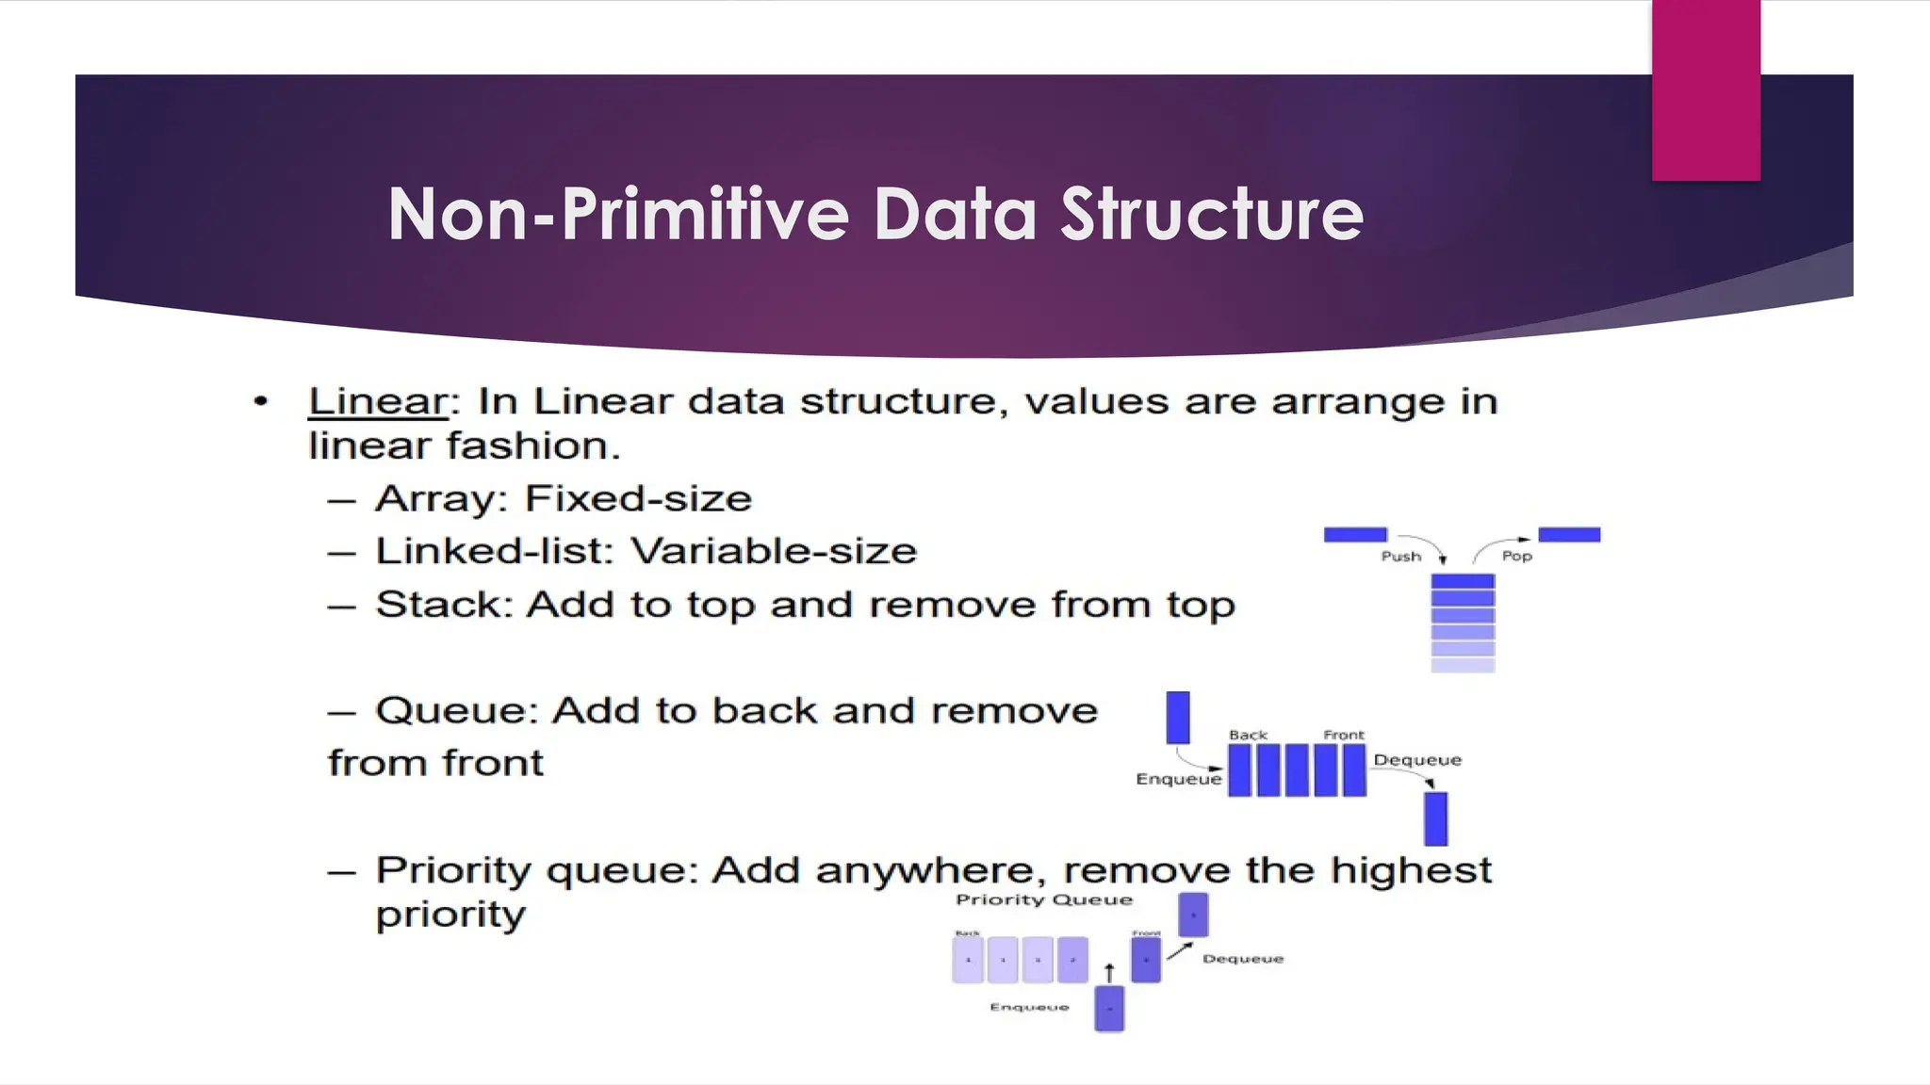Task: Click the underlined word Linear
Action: [377, 402]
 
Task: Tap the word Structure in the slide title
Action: [1212, 215]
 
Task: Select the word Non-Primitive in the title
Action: [618, 215]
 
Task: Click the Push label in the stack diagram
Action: [1400, 557]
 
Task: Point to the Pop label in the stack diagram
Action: [1516, 557]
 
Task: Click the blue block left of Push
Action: [1355, 535]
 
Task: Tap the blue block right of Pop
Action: [1569, 535]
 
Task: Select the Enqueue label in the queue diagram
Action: [1178, 779]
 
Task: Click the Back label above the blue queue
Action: [1248, 735]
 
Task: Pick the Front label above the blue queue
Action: [1343, 735]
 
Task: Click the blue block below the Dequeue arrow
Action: [1435, 818]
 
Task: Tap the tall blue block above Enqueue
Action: [1178, 718]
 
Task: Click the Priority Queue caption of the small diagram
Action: [1044, 899]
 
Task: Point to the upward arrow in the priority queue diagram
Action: [1109, 973]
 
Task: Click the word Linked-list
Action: [488, 551]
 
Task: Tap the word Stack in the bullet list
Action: [439, 605]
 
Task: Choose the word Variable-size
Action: [774, 551]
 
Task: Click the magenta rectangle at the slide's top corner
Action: [1706, 89]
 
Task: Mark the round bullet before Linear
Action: [261, 402]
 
